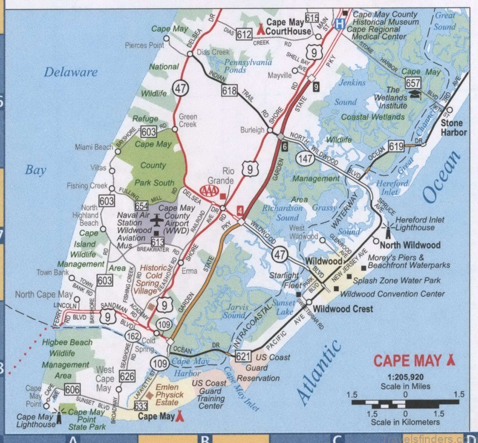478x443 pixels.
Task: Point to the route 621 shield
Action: click(x=241, y=357)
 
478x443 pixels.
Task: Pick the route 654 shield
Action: click(x=141, y=204)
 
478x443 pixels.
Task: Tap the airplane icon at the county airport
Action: click(x=157, y=221)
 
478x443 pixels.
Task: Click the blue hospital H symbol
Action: click(x=339, y=25)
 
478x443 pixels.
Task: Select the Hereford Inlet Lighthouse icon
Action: click(x=387, y=228)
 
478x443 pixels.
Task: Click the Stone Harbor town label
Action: click(x=454, y=127)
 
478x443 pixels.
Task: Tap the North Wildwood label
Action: click(x=407, y=245)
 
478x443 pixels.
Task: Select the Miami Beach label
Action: click(x=94, y=147)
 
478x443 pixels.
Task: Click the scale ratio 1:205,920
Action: click(x=405, y=378)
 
